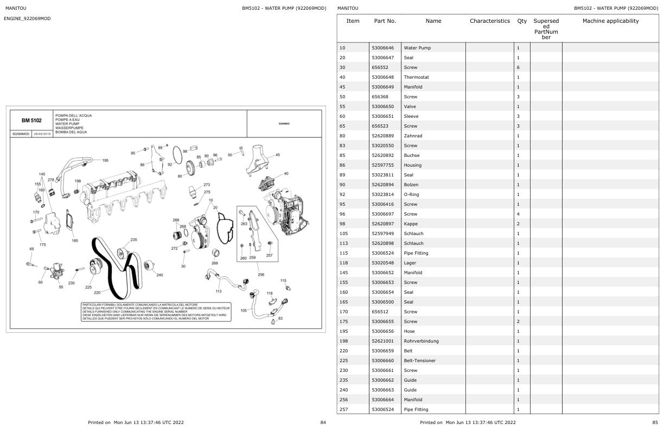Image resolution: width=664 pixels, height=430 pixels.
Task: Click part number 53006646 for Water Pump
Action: pyautogui.click(x=382, y=48)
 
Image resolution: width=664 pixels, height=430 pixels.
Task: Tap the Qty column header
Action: pyautogui.click(x=521, y=21)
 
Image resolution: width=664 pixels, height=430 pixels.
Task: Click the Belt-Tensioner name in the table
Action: pyautogui.click(x=419, y=361)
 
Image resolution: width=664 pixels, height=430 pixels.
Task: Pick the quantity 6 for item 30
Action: pyautogui.click(x=518, y=67)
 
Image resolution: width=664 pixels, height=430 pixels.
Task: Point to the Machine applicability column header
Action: pyautogui.click(x=610, y=21)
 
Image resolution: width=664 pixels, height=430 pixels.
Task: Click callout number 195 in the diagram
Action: pyautogui.click(x=105, y=160)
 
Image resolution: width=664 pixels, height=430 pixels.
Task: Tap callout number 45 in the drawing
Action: pyautogui.click(x=278, y=155)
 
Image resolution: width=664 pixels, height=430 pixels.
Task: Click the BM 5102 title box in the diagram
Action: pyautogui.click(x=31, y=121)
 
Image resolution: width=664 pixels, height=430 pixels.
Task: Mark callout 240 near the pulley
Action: pyautogui.click(x=159, y=275)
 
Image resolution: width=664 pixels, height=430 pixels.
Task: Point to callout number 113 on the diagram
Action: pyautogui.click(x=219, y=290)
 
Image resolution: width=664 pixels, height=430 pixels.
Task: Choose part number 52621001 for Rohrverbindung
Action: pyautogui.click(x=382, y=341)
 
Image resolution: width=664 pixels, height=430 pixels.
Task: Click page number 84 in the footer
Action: pyautogui.click(x=323, y=422)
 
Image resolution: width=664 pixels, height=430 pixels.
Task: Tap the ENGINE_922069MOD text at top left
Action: pyautogui.click(x=27, y=19)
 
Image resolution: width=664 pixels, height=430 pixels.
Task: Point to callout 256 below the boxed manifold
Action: pyautogui.click(x=261, y=275)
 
